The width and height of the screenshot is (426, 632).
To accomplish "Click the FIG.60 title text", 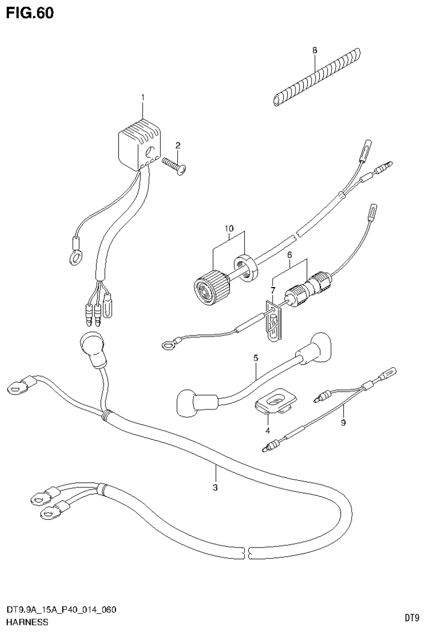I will click(30, 13).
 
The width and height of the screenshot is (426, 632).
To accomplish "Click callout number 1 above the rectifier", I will click(143, 98).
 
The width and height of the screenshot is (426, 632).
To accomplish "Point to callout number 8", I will click(314, 51).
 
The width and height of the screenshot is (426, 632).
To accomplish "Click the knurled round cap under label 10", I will click(212, 287).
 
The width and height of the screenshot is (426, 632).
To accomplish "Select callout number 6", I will click(289, 254).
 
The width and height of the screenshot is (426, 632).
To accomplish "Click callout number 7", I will click(273, 290).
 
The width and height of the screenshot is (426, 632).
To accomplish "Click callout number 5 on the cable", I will click(255, 359).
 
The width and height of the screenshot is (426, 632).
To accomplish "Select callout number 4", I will click(267, 430).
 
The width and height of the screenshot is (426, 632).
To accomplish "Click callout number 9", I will click(343, 423).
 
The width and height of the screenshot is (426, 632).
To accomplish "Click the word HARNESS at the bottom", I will click(28, 621).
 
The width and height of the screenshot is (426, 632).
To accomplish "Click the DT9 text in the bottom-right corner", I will click(411, 618).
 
